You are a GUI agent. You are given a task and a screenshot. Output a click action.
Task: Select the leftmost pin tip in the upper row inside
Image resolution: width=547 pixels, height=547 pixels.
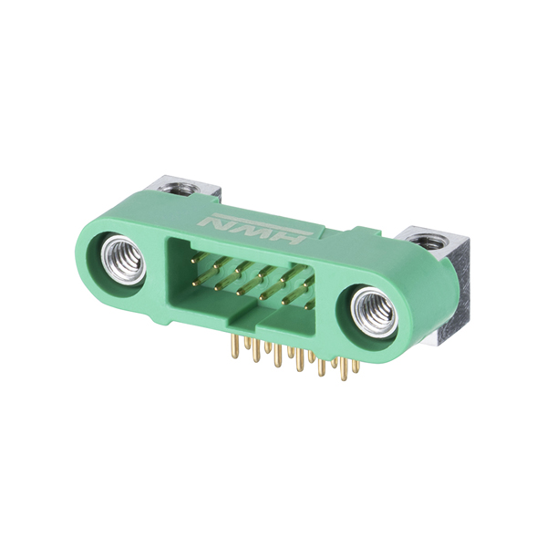[193, 260]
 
